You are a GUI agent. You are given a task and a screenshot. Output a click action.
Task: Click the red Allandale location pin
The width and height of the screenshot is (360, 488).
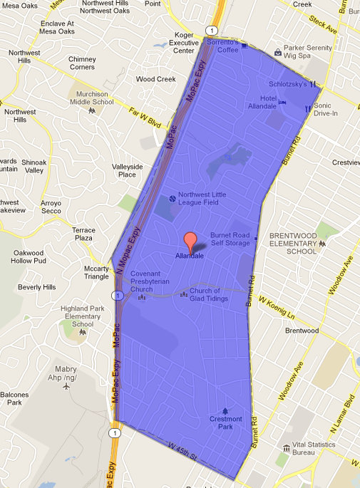pyautogui.click(x=190, y=242)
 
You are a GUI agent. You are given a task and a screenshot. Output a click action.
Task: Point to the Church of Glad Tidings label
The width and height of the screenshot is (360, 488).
pyautogui.click(x=215, y=294)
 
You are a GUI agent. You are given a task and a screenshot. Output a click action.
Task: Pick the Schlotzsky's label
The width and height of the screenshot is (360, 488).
pyautogui.click(x=287, y=84)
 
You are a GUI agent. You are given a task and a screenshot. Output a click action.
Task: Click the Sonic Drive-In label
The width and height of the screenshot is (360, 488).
pyautogui.click(x=327, y=109)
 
